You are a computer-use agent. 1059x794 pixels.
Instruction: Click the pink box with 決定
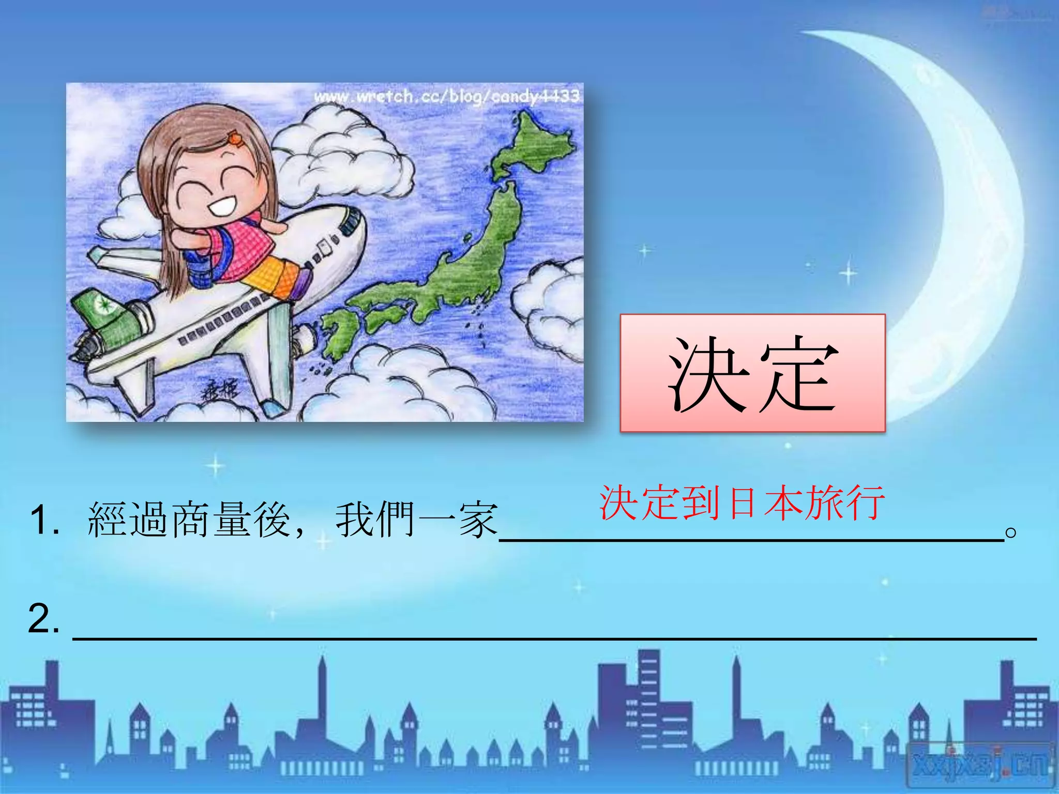click(752, 373)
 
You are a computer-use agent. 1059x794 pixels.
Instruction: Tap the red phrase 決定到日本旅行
click(742, 502)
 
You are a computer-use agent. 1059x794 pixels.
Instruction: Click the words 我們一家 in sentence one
click(416, 520)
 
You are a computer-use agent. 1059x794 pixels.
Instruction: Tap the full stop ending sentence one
click(1011, 532)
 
